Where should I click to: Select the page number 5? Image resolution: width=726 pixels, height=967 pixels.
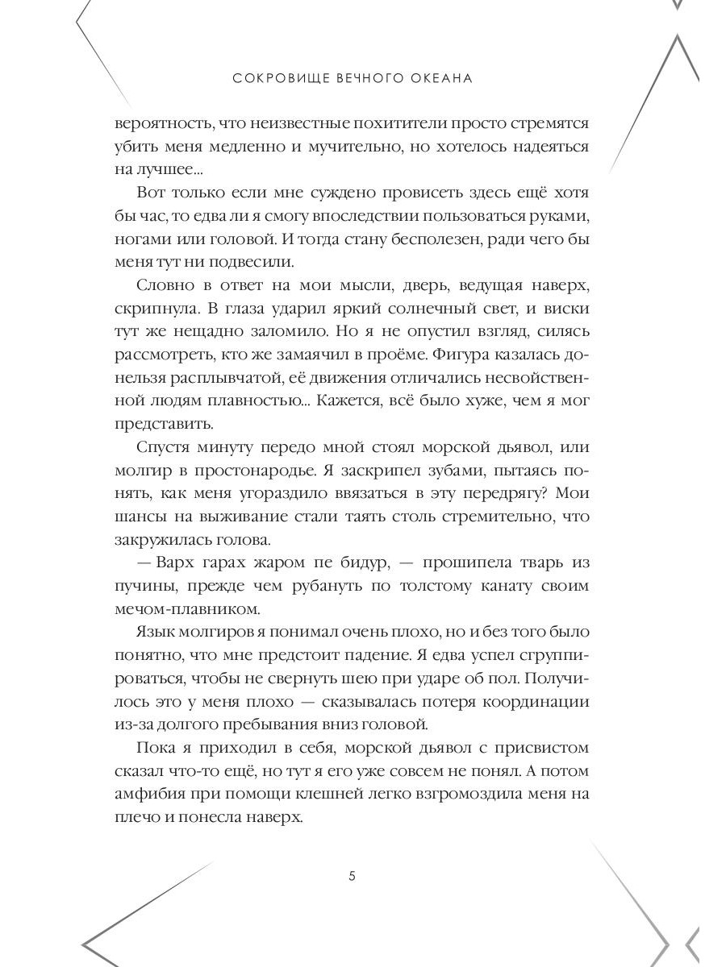352,878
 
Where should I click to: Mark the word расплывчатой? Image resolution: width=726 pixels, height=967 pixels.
208,378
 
